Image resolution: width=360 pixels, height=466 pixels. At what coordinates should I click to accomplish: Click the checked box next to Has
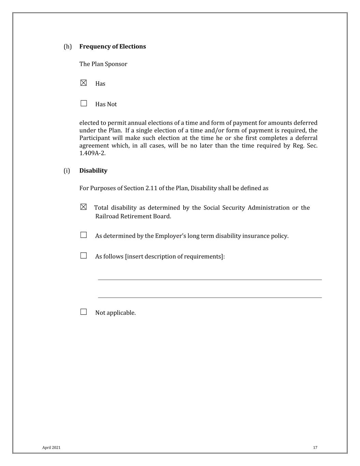[x=84, y=83]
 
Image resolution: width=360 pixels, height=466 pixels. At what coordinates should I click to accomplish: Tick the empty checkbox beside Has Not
[x=84, y=103]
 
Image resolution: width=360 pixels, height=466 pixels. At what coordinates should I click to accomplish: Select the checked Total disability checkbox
[x=84, y=207]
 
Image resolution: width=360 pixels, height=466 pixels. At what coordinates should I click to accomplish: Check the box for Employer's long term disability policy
[x=84, y=235]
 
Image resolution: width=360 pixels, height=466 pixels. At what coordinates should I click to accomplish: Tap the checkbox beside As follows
[x=84, y=256]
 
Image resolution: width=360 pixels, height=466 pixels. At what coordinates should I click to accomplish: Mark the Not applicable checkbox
[x=84, y=312]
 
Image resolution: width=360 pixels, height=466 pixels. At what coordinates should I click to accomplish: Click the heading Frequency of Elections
[x=112, y=46]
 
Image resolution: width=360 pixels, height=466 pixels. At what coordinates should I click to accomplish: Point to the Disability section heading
[x=93, y=171]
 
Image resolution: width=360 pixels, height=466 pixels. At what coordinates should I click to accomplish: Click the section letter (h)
[x=68, y=46]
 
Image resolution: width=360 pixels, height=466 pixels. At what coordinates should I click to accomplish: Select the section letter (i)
[x=67, y=171]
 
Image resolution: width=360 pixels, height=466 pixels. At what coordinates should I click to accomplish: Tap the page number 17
[x=315, y=448]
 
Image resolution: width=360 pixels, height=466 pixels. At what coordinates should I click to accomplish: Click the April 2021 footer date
[x=51, y=448]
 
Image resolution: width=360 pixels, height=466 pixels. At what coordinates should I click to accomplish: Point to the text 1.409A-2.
[x=92, y=153]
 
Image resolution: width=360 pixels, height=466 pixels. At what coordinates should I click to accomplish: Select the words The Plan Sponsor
[x=103, y=64]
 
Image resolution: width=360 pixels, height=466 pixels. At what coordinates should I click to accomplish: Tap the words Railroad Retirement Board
[x=133, y=216]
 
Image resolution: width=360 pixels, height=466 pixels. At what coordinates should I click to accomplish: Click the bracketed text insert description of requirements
[x=175, y=256]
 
